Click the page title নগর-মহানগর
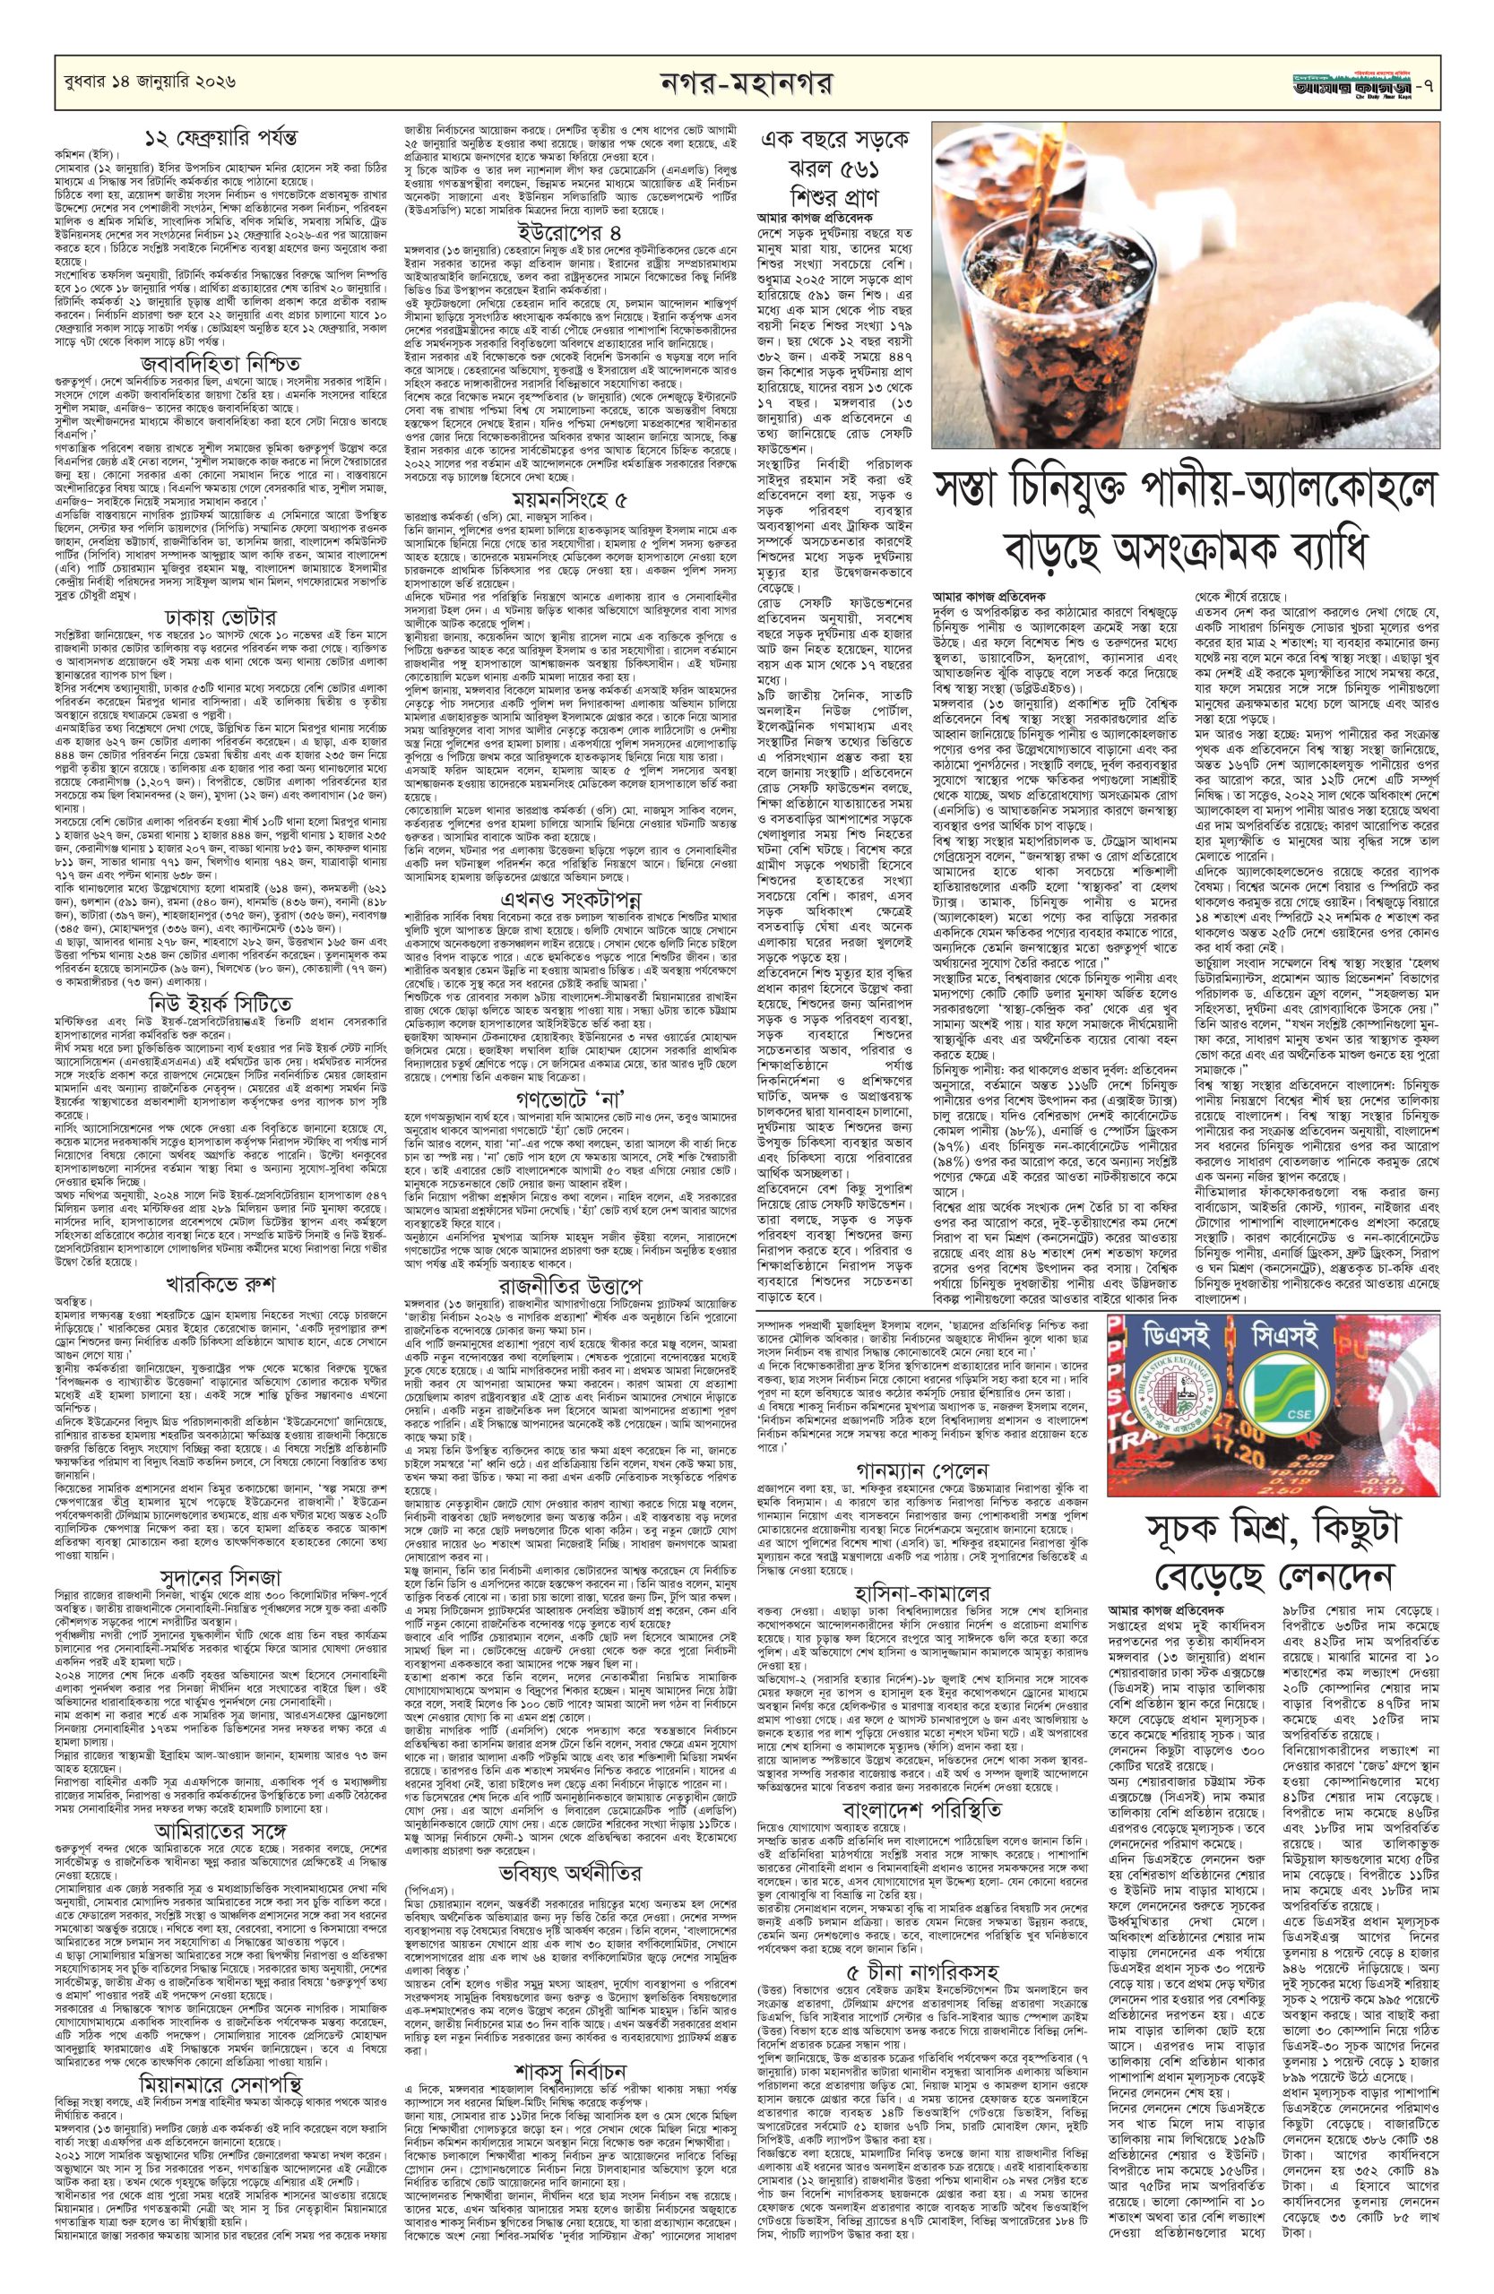(746, 84)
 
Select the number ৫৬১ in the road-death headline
(865, 183)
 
